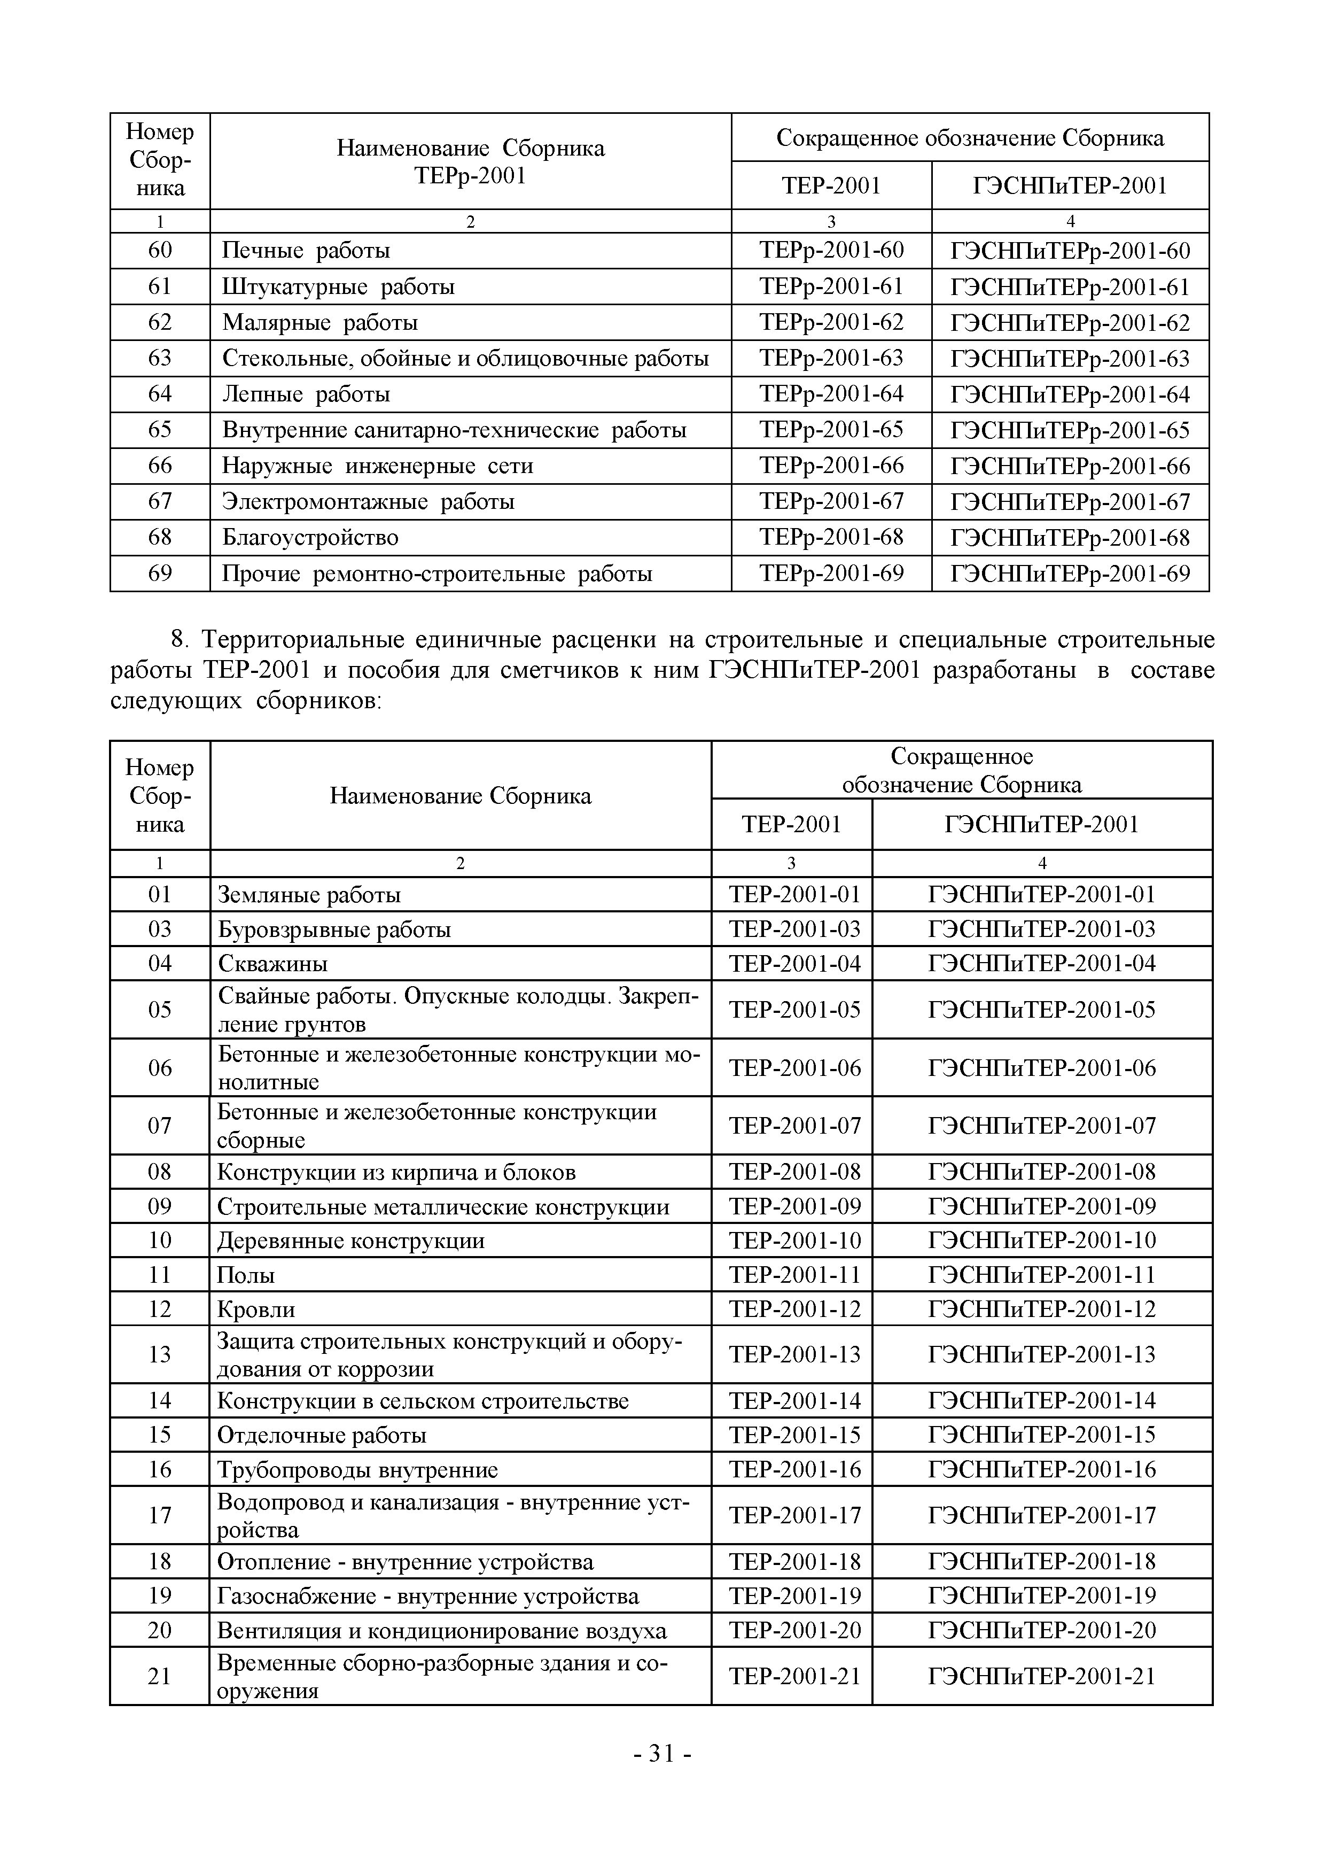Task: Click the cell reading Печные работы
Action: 306,251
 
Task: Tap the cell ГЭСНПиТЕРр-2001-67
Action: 1070,501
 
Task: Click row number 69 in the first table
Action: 160,574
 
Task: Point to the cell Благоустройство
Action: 310,537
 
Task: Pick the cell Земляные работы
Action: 309,895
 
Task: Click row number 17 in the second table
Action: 160,1516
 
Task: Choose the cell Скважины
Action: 272,964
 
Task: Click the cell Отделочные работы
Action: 322,1436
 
